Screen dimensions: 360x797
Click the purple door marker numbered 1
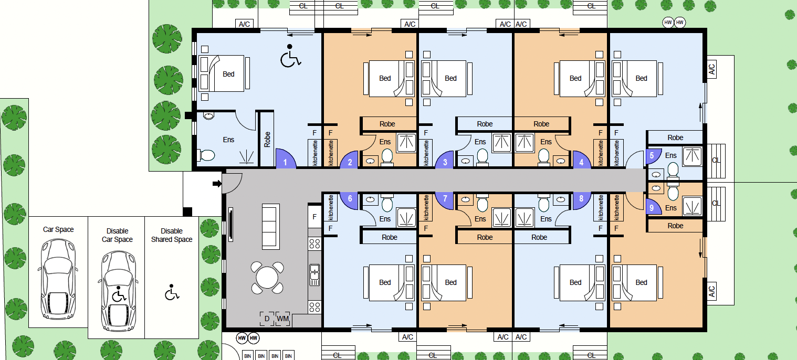tap(285, 162)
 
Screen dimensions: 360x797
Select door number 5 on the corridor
tap(652, 156)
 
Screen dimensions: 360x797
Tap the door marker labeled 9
tap(652, 208)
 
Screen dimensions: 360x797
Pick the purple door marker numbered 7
tap(445, 199)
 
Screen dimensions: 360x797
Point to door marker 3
tap(445, 162)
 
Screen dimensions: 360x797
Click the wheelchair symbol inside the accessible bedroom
tap(290, 57)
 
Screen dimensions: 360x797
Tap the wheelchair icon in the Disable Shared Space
tap(172, 292)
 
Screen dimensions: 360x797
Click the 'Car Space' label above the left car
tap(58, 229)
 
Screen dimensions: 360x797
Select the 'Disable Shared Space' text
tap(172, 235)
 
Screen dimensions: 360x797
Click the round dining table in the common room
tap(267, 277)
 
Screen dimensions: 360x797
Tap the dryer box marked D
tap(267, 319)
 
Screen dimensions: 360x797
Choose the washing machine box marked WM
tap(282, 319)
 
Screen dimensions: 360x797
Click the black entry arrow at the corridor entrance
tap(216, 184)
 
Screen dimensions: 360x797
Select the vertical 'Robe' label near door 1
tap(267, 139)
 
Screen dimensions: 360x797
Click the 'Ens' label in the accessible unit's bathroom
tap(228, 140)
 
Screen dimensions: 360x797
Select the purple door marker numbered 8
tap(581, 199)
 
